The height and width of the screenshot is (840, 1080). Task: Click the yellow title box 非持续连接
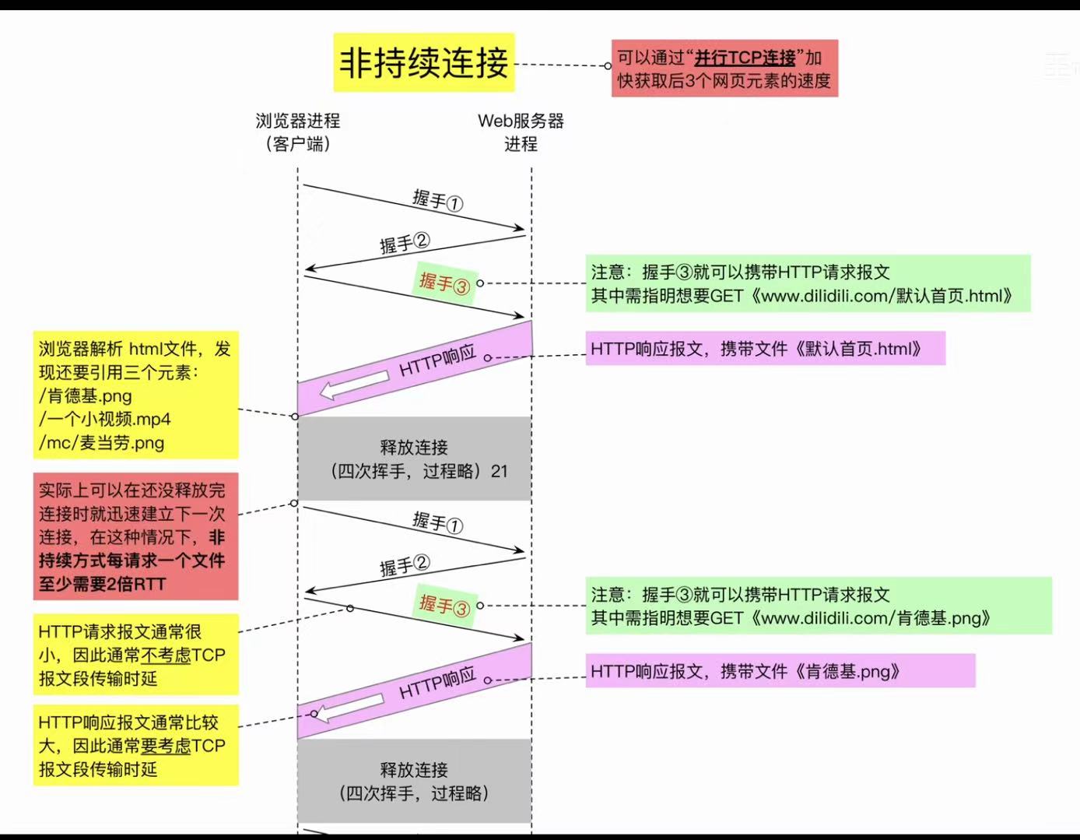[424, 63]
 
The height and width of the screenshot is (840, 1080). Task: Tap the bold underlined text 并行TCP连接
[745, 58]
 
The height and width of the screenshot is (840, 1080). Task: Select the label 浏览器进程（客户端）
[298, 132]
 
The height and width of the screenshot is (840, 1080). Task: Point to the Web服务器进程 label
[521, 132]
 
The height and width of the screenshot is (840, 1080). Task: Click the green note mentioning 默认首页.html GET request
[808, 283]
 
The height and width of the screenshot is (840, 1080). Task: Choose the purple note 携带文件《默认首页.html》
[765, 349]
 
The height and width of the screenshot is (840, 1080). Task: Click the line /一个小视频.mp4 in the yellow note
[105, 419]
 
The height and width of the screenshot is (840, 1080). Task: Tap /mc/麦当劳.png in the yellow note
[102, 443]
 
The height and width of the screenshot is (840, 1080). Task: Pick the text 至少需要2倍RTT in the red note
[103, 584]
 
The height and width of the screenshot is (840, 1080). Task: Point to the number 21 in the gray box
[499, 471]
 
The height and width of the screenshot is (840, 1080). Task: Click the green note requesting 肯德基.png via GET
[818, 606]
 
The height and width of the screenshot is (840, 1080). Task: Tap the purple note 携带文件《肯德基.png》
[780, 671]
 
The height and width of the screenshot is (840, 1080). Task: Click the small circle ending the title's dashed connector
[608, 66]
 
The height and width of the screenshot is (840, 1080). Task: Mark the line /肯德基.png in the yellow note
[86, 395]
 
